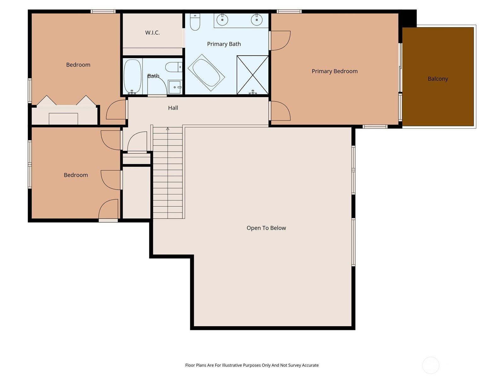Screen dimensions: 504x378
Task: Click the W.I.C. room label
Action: click(152, 32)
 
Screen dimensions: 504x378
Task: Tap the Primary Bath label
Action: click(224, 44)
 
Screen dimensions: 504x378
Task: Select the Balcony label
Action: click(438, 79)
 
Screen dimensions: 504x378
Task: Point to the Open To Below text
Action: click(266, 228)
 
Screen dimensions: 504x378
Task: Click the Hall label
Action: click(173, 108)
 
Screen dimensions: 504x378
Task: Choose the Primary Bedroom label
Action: click(335, 71)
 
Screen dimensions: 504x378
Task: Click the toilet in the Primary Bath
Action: click(195, 22)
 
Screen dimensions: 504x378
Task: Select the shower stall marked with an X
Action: click(253, 75)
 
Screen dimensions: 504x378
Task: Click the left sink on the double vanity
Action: click(222, 20)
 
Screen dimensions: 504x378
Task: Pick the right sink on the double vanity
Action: click(256, 20)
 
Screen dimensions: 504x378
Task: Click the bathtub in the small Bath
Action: click(133, 77)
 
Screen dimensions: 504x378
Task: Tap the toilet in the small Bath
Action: click(174, 67)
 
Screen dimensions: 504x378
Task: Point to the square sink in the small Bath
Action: click(175, 87)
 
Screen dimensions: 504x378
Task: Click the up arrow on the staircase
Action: click(168, 129)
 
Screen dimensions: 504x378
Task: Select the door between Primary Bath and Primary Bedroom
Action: click(280, 41)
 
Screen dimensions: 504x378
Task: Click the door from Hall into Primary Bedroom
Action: click(280, 111)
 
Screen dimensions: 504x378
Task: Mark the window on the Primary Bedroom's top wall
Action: click(289, 11)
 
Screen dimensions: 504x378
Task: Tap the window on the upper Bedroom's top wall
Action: click(103, 11)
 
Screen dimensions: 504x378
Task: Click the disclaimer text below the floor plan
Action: click(252, 365)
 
